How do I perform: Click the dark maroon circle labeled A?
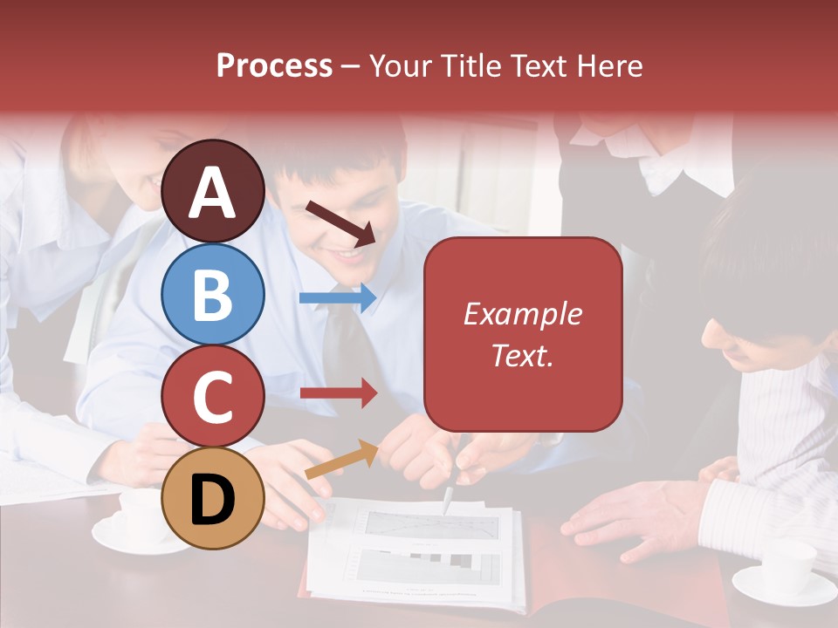[x=213, y=191]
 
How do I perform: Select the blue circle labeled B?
[x=213, y=294]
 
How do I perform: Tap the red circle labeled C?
[x=213, y=395]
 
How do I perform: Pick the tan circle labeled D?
[x=213, y=498]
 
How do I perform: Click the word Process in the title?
[x=274, y=65]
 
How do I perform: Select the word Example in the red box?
[x=522, y=314]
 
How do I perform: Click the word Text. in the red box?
[x=522, y=355]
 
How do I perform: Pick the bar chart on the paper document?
[x=428, y=566]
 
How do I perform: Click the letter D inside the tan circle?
[x=213, y=498]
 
